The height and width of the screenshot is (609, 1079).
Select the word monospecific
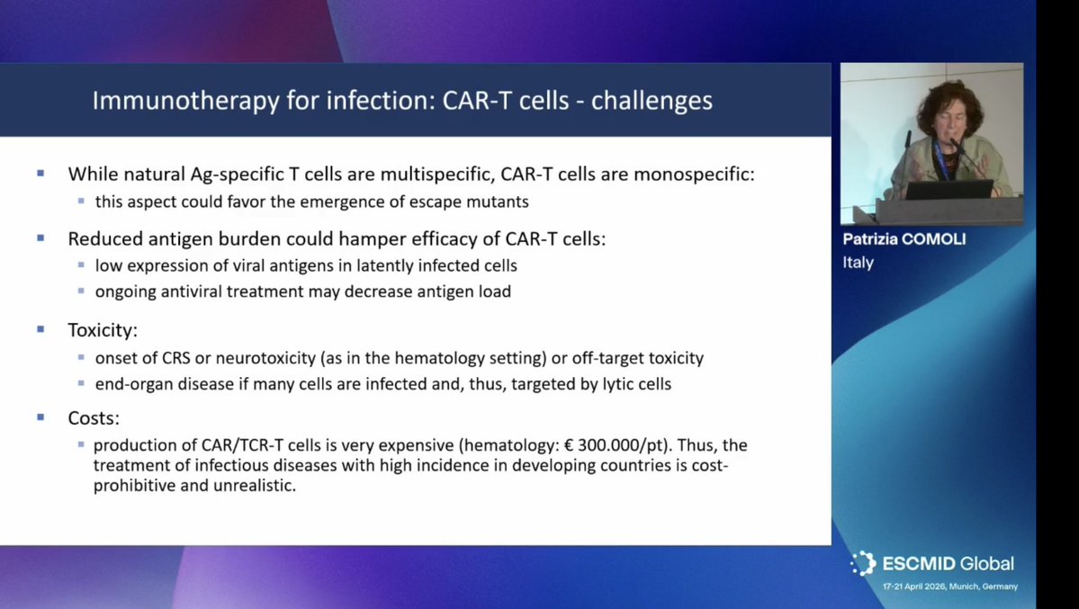coord(693,175)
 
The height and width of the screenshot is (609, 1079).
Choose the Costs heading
coord(93,418)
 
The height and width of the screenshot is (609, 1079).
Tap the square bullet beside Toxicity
coord(40,329)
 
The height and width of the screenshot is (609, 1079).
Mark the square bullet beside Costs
coord(40,417)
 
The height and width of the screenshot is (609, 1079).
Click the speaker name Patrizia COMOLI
coord(903,240)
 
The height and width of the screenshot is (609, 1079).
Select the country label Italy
coord(858,263)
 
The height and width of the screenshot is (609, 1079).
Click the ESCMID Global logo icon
coord(863,563)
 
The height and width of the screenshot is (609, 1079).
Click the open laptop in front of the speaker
coord(949,189)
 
